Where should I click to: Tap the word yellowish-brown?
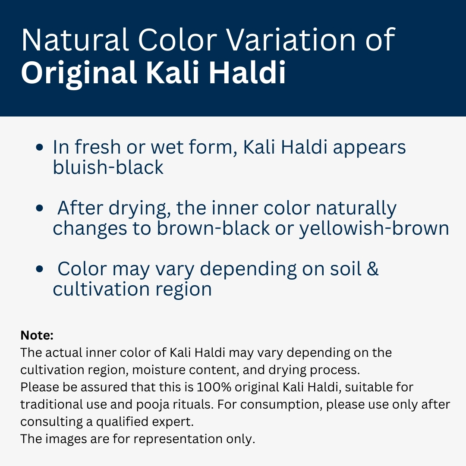pos(374,228)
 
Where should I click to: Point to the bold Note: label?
pos(37,335)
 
